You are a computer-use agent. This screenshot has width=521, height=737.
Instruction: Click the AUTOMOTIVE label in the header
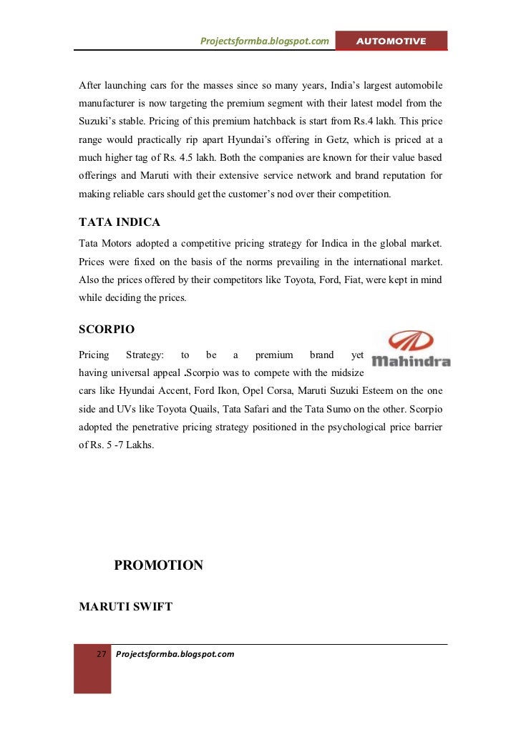(x=391, y=41)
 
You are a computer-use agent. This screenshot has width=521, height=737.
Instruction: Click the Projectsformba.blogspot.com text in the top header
(x=264, y=41)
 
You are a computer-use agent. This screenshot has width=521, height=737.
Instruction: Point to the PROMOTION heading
(x=159, y=565)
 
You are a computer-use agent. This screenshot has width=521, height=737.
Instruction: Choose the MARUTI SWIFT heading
(x=125, y=607)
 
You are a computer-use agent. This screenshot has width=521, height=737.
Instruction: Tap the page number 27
(x=101, y=654)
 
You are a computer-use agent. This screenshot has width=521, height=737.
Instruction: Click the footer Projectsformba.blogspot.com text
(x=175, y=654)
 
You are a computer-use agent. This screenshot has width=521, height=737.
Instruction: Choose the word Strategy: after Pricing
(x=145, y=355)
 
